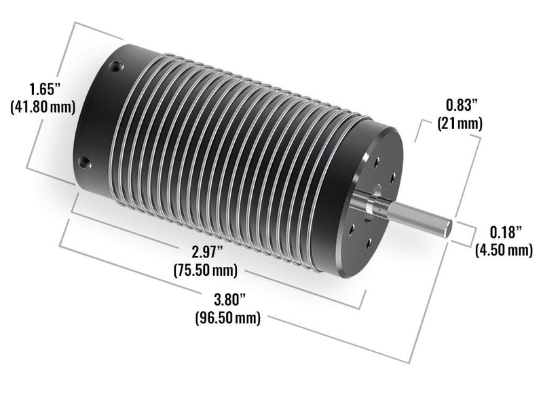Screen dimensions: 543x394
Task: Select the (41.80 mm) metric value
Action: click(x=43, y=107)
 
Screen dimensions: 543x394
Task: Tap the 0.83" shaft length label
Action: click(x=462, y=105)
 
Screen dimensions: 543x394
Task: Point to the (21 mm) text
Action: click(x=460, y=123)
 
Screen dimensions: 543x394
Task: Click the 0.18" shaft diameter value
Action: click(x=505, y=232)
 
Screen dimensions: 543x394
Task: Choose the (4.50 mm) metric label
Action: click(x=504, y=250)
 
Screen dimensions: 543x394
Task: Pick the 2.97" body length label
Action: click(x=207, y=251)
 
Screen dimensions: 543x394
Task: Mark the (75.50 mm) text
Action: click(x=206, y=270)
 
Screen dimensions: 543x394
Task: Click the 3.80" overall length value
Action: click(x=229, y=300)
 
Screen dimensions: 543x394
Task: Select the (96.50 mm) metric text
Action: click(x=228, y=318)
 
